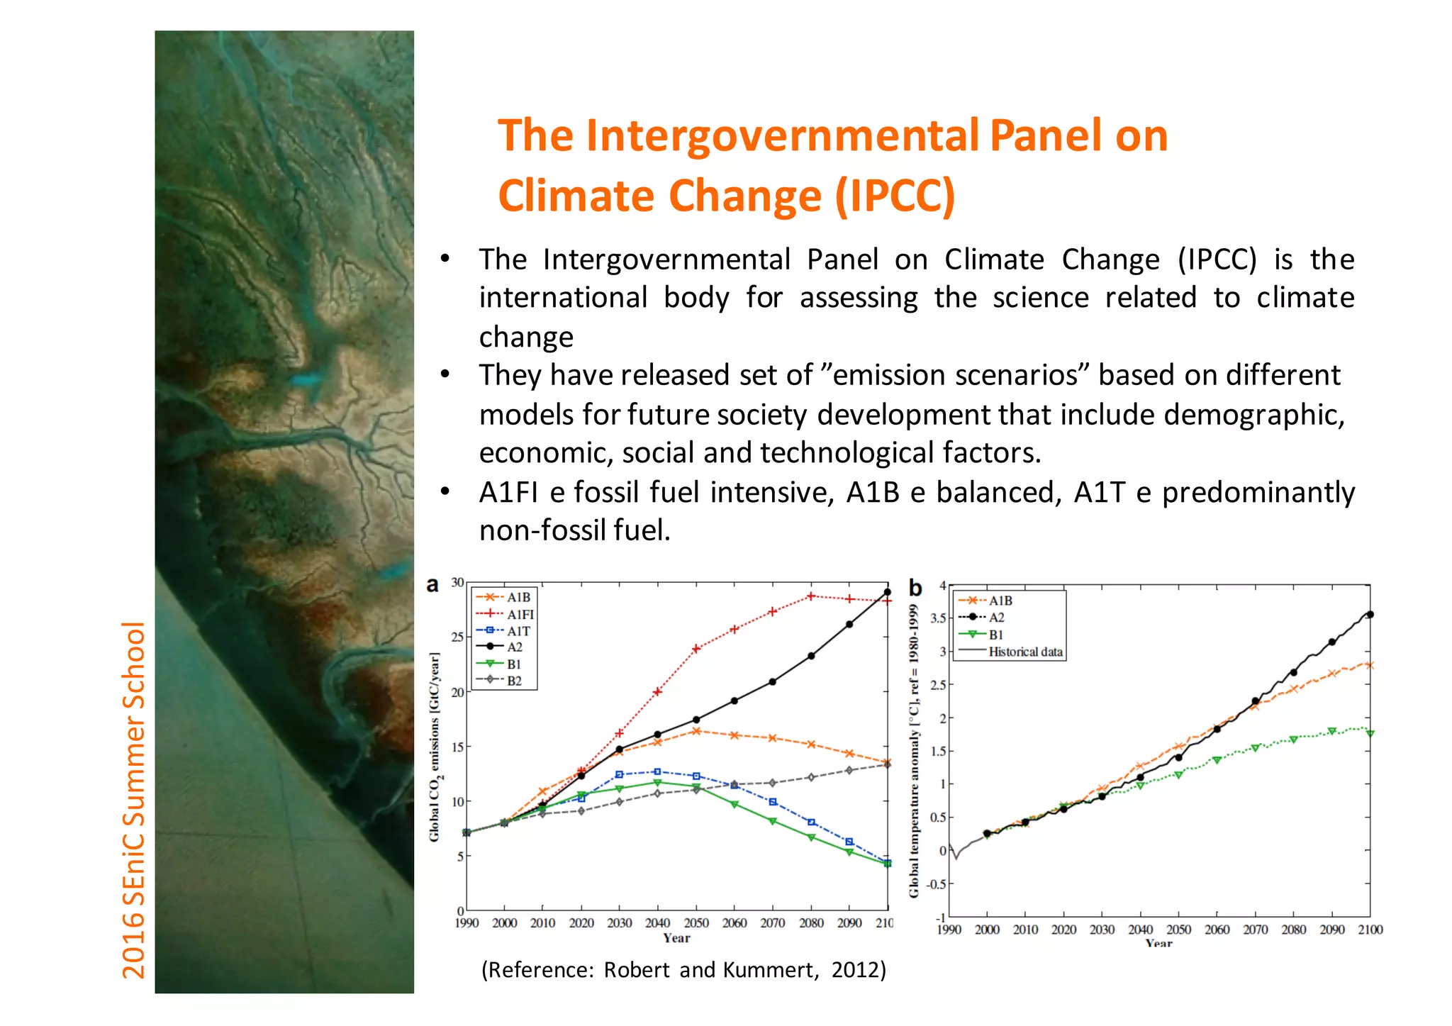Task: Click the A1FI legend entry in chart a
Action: tap(520, 614)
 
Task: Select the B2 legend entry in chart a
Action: tap(514, 681)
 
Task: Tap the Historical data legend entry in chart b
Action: tap(1025, 652)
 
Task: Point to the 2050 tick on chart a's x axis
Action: tap(696, 922)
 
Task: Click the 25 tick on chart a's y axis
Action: tap(458, 637)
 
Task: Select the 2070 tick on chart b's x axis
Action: tap(1255, 930)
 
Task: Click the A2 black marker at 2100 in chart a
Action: tap(887, 592)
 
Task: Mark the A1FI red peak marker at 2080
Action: tap(811, 596)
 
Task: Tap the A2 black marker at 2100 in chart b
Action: tap(1370, 615)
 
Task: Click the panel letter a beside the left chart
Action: tap(432, 585)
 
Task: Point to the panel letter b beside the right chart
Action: tap(915, 588)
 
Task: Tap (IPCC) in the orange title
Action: tap(895, 196)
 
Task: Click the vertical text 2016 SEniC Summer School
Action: tap(134, 799)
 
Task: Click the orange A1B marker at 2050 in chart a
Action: tap(696, 731)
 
